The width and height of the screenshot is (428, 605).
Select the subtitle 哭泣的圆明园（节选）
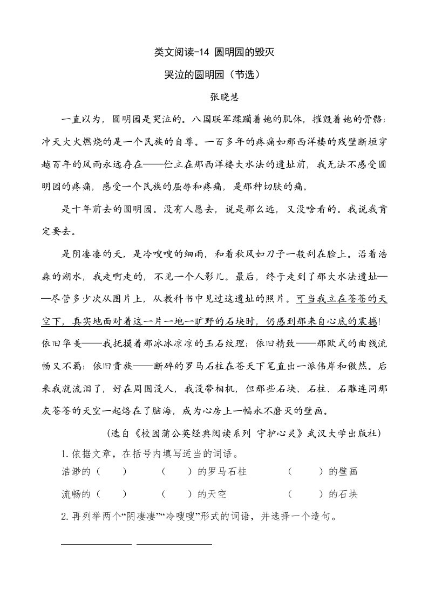pos(214,75)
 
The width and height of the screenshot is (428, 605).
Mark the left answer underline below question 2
pos(96,544)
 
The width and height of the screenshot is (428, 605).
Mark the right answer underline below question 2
pos(174,544)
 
